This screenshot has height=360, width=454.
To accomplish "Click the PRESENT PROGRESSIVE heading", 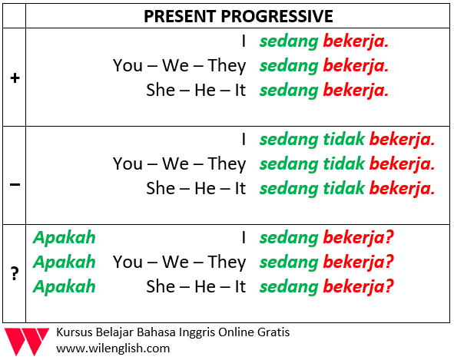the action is tap(238, 16).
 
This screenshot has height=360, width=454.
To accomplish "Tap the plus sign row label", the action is tap(15, 78).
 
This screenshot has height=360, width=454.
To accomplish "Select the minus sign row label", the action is tap(15, 184).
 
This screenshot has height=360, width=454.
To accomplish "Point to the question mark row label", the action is tap(15, 273).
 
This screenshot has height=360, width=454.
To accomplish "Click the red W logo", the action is tap(26, 342).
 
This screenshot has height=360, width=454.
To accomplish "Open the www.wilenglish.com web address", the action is tap(113, 348).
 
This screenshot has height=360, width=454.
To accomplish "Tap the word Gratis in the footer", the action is tap(273, 332).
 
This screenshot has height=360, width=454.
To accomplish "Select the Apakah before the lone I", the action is tap(64, 238).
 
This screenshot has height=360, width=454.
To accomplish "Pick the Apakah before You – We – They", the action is tap(64, 263).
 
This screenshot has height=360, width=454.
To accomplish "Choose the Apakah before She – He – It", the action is tap(64, 287).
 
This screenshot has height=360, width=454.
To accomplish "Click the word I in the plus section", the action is tap(244, 41).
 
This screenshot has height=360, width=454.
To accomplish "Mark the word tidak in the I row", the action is tap(343, 139).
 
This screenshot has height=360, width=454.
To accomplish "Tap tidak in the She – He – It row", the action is tap(343, 188).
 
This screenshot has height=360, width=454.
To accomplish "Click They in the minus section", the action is tap(227, 164).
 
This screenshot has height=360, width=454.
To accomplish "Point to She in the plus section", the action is tap(161, 90).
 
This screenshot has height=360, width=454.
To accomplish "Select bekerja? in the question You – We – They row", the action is tap(359, 263).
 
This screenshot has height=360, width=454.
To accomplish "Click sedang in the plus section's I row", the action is tap(289, 42).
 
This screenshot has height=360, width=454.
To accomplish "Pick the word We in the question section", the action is tap(175, 262).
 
